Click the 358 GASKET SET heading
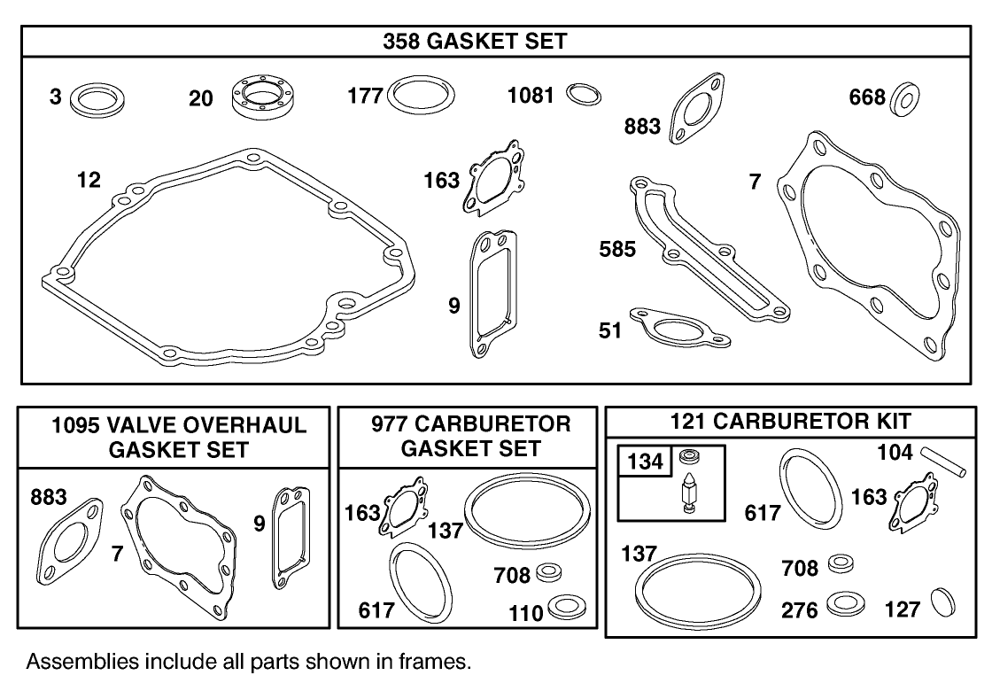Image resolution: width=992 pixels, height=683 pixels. (x=476, y=42)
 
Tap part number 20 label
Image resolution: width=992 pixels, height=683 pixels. (x=201, y=98)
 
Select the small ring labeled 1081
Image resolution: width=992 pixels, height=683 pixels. (x=583, y=94)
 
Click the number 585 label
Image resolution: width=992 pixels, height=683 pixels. (x=617, y=250)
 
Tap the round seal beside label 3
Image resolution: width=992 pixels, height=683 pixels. (x=97, y=97)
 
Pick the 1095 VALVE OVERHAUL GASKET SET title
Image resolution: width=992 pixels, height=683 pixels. (x=179, y=437)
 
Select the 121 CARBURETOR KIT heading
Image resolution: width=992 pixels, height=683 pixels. (x=790, y=422)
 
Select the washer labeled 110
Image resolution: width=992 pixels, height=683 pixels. (x=562, y=608)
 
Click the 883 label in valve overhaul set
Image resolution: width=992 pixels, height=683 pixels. (x=49, y=498)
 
